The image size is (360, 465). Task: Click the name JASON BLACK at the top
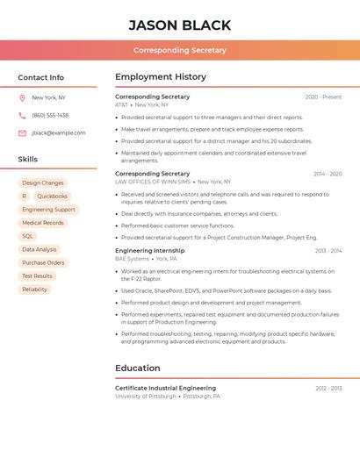point(180,25)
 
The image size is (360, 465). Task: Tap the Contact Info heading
point(40,77)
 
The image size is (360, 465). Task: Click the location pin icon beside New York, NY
point(22,97)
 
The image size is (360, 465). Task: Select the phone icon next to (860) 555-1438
point(22,115)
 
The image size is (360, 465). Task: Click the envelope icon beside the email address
point(22,132)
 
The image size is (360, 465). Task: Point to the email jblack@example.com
point(59,132)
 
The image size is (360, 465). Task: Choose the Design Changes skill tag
point(43,183)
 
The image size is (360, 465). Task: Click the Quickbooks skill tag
point(52,197)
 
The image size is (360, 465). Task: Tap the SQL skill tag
point(27,236)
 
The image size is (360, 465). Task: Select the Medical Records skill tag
point(43,223)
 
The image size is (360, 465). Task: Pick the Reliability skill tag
point(35,289)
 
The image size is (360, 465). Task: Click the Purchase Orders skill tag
point(43,262)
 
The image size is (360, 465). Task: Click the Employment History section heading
point(161,77)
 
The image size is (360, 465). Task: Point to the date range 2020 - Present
point(323,97)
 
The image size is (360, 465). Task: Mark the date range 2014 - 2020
point(328,174)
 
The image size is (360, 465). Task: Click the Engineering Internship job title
point(150,251)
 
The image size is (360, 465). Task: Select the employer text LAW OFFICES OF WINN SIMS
point(153,182)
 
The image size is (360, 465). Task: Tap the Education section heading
point(138,368)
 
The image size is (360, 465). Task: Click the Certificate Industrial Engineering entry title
point(165,388)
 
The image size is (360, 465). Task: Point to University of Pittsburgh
point(145,397)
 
